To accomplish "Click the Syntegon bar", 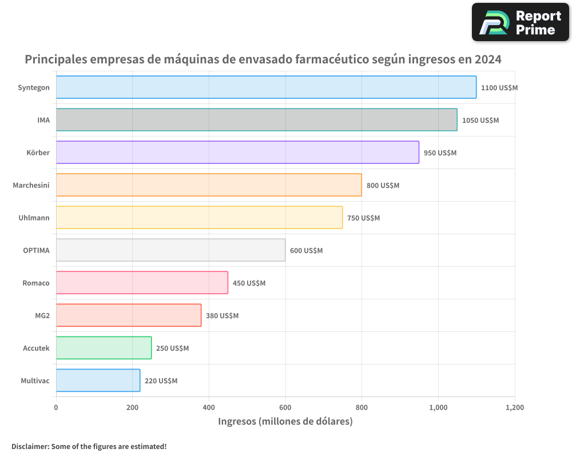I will tap(266, 87).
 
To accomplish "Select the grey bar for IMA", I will tap(256, 120).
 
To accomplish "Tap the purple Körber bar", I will tap(237, 153).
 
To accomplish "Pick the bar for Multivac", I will tap(98, 380).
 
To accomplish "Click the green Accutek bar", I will tap(104, 348).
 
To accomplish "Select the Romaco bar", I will tap(142, 283).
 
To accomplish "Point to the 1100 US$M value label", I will tap(499, 88).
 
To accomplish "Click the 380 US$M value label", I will tap(222, 316).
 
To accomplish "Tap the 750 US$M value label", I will tap(363, 218).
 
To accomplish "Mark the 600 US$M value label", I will tap(306, 251).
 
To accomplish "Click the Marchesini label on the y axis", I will tap(31, 185).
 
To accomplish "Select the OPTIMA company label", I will tap(36, 250).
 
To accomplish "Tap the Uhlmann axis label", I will tap(34, 218).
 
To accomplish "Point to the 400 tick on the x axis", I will tap(209, 408).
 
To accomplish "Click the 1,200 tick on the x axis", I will tap(514, 408).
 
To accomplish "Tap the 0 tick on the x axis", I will tap(56, 408).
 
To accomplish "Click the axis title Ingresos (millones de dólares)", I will tap(285, 422).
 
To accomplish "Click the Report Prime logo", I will tap(520, 22).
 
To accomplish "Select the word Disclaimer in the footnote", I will tap(29, 446).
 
